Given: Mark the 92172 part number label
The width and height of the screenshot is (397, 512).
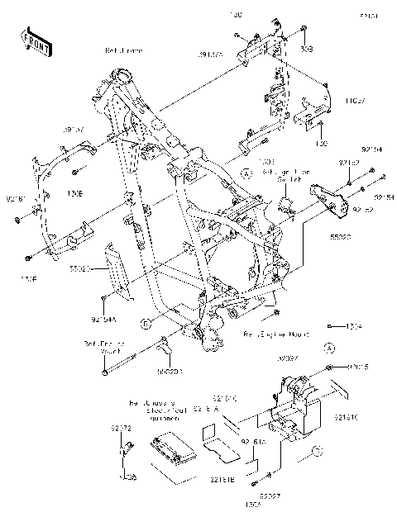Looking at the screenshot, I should tap(122, 428).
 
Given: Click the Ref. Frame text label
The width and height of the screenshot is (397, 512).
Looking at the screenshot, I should tap(124, 50).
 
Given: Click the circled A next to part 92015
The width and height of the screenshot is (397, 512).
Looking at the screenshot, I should tap(328, 348).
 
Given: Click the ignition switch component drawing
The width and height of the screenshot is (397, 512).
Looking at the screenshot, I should tap(289, 206).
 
